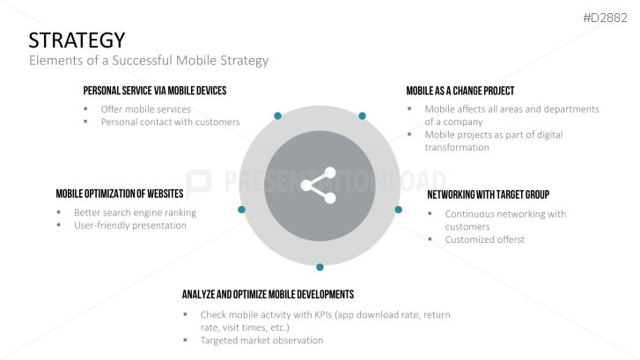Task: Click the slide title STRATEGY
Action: click(77, 40)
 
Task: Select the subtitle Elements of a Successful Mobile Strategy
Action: click(148, 62)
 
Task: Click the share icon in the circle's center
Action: click(319, 185)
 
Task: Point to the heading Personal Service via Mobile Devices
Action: click(155, 91)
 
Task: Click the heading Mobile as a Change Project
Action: click(460, 91)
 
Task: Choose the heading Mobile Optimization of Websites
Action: click(120, 194)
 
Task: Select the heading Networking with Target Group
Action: click(488, 194)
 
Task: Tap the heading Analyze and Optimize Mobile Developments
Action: click(268, 294)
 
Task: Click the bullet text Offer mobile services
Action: click(145, 109)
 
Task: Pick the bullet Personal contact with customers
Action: click(170, 121)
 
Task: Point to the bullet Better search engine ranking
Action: click(135, 212)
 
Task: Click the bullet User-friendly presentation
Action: click(130, 225)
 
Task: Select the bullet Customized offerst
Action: click(484, 239)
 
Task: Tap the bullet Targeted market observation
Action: click(261, 340)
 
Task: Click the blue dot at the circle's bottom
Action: click(320, 267)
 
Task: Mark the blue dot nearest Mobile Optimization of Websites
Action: click(241, 209)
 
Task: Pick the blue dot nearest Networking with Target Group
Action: click(398, 209)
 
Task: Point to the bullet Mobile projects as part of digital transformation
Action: click(493, 141)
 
